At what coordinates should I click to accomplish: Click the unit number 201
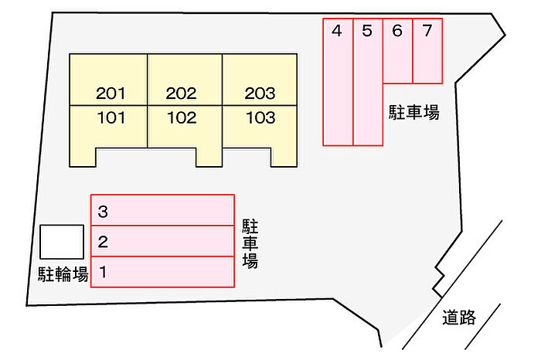click(x=111, y=93)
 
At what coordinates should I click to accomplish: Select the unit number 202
click(x=181, y=93)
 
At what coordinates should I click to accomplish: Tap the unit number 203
click(x=260, y=93)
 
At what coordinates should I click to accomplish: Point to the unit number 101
click(x=111, y=118)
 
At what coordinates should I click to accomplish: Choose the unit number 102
click(x=182, y=118)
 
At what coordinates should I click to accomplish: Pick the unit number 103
click(x=260, y=118)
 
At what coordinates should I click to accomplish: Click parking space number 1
click(x=162, y=272)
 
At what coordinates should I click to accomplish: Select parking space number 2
click(x=162, y=241)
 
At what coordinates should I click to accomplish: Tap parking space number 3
click(x=162, y=210)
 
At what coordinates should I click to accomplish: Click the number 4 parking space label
click(x=337, y=31)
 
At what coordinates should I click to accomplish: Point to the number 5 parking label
click(x=367, y=31)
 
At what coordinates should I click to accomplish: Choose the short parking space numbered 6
click(x=398, y=51)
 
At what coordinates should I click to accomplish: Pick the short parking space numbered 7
click(x=427, y=51)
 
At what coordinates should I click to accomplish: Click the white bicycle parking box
click(x=62, y=242)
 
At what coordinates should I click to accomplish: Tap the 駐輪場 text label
click(x=63, y=274)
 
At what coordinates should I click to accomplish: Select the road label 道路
click(x=459, y=318)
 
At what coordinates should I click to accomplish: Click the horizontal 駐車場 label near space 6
click(x=414, y=112)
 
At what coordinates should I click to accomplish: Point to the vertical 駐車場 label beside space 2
click(x=250, y=243)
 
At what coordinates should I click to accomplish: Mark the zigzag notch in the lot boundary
click(x=439, y=280)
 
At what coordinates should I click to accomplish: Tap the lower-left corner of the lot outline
click(x=27, y=305)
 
